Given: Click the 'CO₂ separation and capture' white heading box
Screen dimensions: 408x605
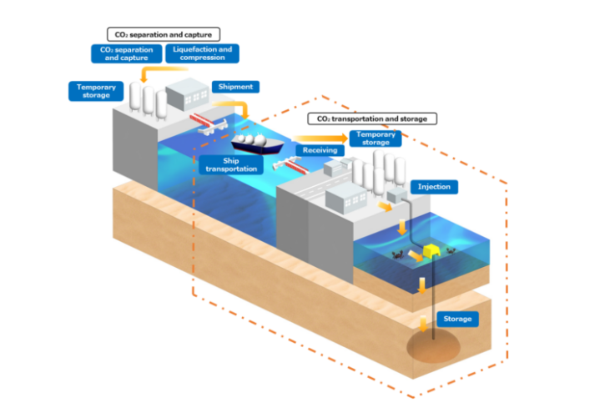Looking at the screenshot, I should pos(163,34).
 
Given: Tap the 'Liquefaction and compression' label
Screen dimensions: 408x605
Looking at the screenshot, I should pos(201,53).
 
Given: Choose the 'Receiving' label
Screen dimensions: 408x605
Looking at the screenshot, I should pos(320,150).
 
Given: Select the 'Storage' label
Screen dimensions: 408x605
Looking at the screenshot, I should pos(457,319).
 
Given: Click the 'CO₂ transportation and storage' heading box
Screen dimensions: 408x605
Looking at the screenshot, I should pos(368,118).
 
